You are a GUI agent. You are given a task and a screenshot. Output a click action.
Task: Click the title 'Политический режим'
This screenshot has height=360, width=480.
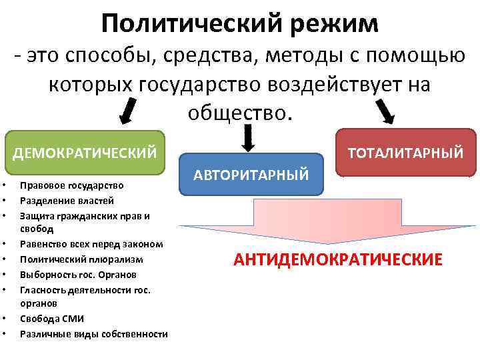click(x=240, y=24)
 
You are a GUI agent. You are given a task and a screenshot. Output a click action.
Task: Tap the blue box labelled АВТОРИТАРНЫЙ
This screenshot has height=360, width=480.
click(x=251, y=175)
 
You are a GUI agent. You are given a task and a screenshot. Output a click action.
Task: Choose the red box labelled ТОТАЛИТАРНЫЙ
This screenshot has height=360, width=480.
click(x=405, y=153)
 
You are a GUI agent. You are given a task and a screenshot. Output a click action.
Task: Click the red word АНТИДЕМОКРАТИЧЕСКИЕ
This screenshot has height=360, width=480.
click(x=337, y=259)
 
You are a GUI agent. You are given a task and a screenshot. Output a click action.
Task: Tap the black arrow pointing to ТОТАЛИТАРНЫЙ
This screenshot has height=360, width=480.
click(x=386, y=110)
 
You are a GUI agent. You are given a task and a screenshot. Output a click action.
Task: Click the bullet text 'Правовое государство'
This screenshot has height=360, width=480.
click(x=71, y=185)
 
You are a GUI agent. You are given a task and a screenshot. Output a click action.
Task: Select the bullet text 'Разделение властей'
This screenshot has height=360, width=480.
click(x=67, y=200)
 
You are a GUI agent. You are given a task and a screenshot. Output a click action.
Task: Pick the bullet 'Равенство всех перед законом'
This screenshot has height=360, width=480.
click(x=91, y=244)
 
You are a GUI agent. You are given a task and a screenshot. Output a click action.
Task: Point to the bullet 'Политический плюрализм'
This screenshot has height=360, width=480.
click(x=81, y=259)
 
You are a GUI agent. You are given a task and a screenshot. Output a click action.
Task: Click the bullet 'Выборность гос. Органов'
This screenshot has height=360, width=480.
click(x=78, y=274)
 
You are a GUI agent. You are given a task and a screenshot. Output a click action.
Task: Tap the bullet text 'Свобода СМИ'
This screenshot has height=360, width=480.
click(x=52, y=318)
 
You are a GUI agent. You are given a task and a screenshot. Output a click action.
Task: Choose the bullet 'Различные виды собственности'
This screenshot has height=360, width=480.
click(x=94, y=333)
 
